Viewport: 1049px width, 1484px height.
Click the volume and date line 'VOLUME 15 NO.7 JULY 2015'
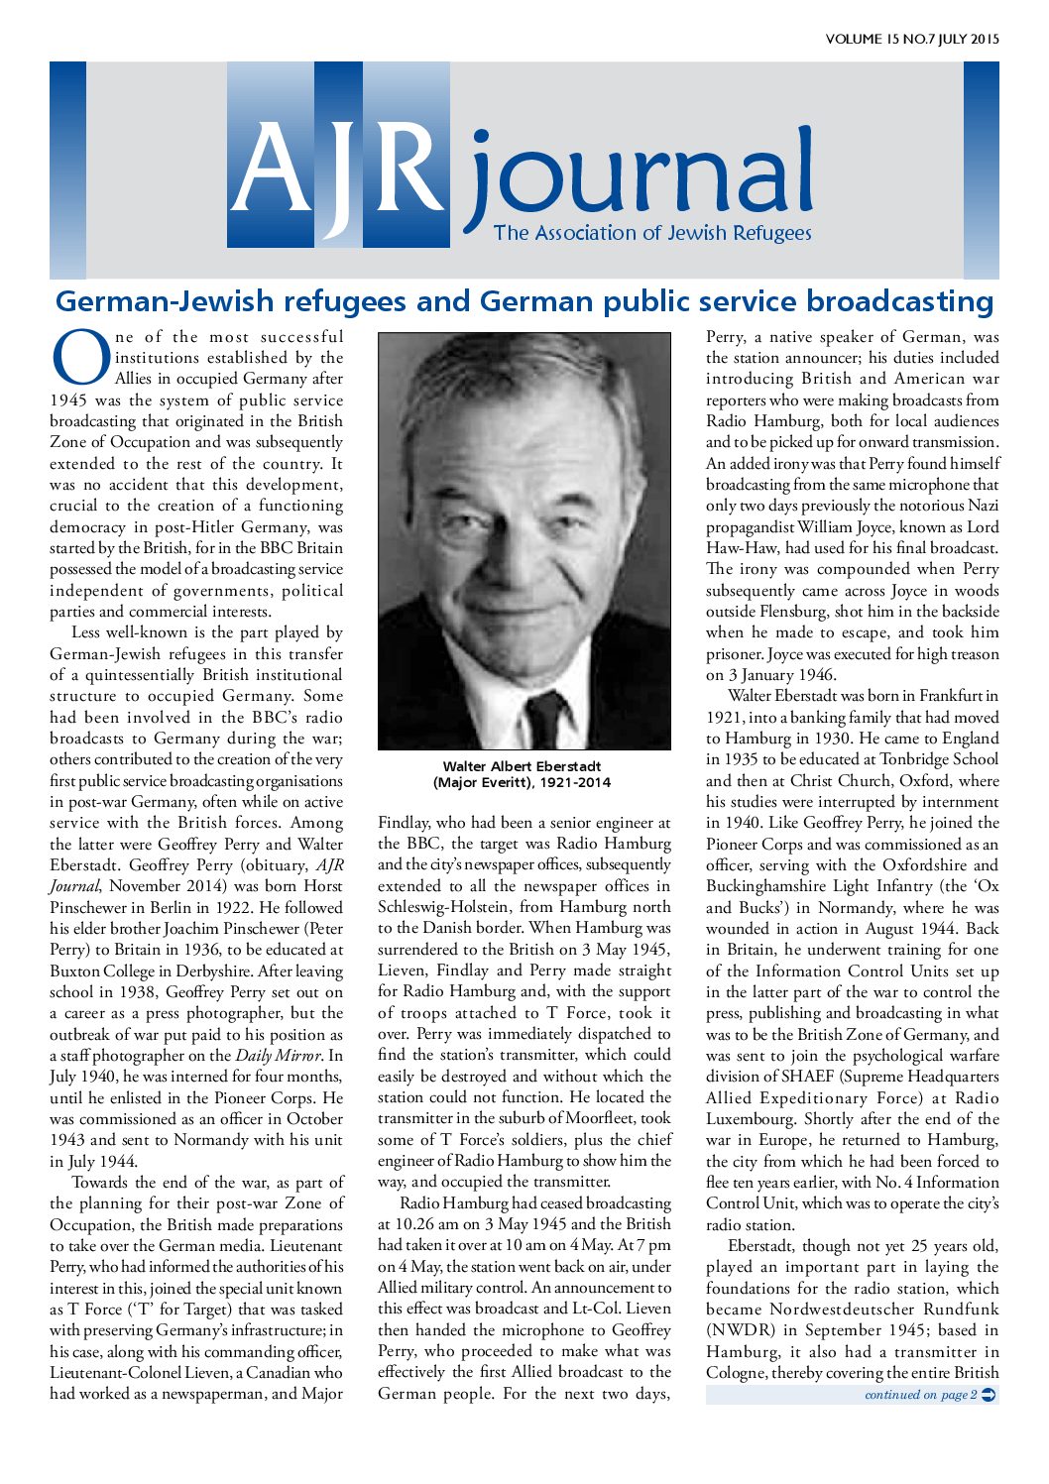pyautogui.click(x=911, y=40)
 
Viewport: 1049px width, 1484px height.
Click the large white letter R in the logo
pyautogui.click(x=407, y=164)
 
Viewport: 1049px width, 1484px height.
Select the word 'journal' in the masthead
pyautogui.click(x=640, y=178)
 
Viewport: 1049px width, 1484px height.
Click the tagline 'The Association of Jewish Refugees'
pyautogui.click(x=652, y=234)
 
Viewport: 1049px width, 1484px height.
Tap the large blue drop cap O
pyautogui.click(x=79, y=359)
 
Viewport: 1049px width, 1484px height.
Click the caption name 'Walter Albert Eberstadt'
pyautogui.click(x=522, y=766)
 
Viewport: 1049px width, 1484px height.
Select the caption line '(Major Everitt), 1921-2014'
pyautogui.click(x=522, y=782)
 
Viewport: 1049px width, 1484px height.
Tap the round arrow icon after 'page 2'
pyautogui.click(x=989, y=1395)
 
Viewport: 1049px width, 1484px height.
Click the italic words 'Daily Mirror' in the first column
pyautogui.click(x=279, y=1056)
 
